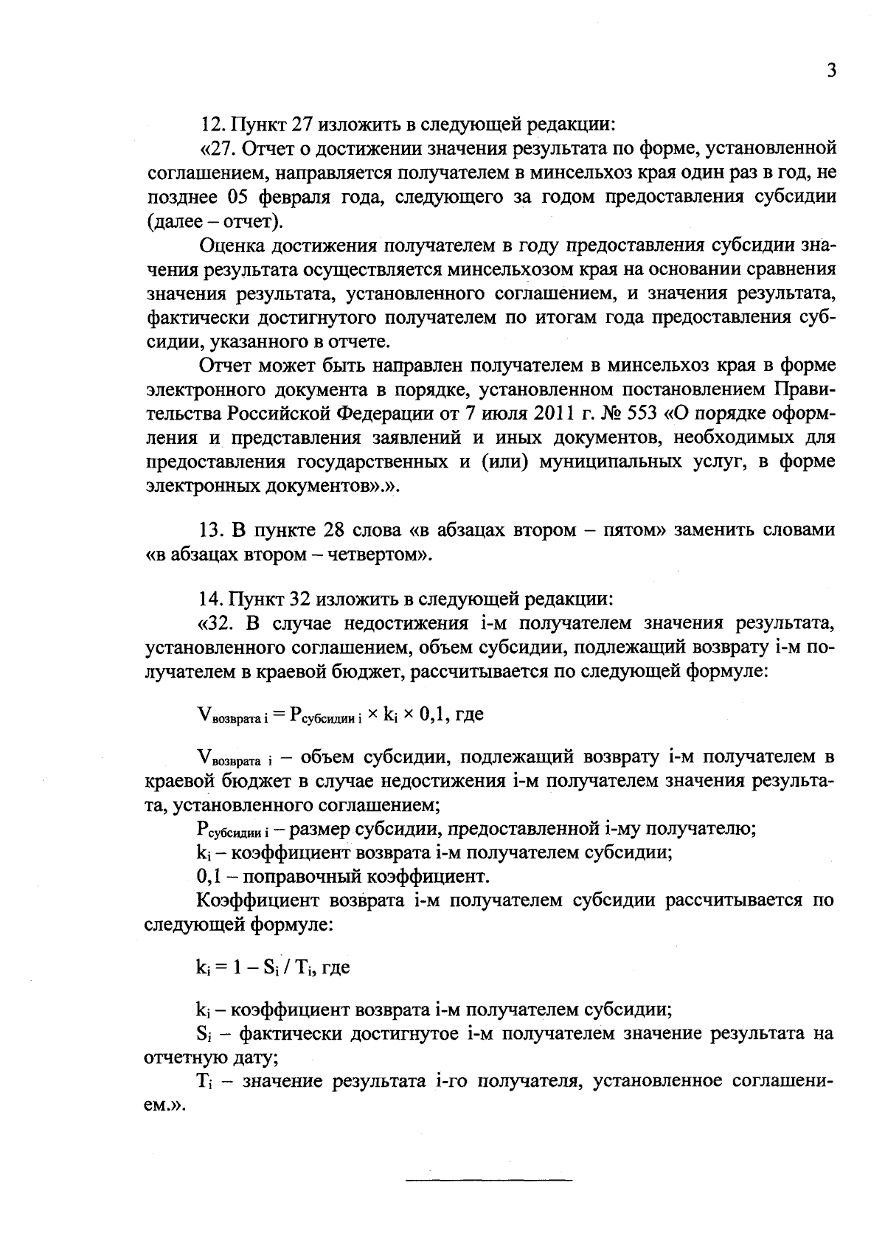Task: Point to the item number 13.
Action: (214, 531)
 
